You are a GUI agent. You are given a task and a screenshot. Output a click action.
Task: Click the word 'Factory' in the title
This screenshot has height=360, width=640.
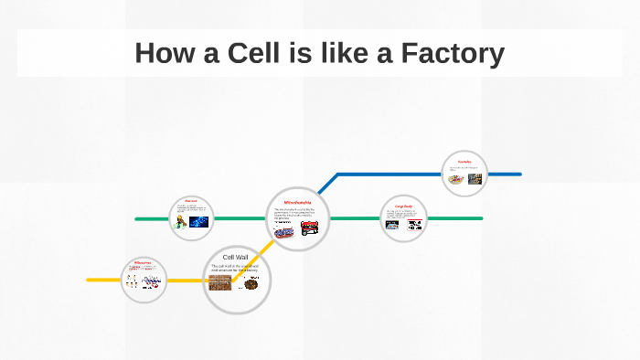pos(453,54)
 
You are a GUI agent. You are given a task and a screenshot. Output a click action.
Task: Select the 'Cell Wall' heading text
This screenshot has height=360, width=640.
pos(236,258)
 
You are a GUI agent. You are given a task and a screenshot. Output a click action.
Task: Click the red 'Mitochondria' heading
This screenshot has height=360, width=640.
pos(298,202)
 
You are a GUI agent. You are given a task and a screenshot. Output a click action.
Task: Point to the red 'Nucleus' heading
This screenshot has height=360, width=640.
pos(191,201)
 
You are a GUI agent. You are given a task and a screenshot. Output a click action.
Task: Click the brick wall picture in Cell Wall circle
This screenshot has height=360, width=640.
pos(219,283)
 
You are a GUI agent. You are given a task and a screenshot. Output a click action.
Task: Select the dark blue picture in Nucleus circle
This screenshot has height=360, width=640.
pos(199,221)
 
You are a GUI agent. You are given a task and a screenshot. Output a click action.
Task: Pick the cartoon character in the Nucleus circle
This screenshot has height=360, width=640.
pos(182,220)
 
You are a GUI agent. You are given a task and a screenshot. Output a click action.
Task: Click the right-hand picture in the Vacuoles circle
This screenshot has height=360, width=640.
pos(475,179)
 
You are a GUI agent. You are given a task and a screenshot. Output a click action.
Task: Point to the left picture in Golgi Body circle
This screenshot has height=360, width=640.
pos(393,224)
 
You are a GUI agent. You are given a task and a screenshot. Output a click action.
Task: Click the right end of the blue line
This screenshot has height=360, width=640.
pos(519,174)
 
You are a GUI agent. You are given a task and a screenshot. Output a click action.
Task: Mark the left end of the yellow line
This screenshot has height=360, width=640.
pos(89,279)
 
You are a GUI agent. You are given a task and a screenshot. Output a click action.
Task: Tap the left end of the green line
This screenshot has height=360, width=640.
pos(136,218)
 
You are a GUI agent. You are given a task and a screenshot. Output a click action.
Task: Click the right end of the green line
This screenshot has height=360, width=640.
pos(481,218)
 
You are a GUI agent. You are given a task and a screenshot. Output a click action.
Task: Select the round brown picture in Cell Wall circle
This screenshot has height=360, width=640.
pos(250,284)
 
